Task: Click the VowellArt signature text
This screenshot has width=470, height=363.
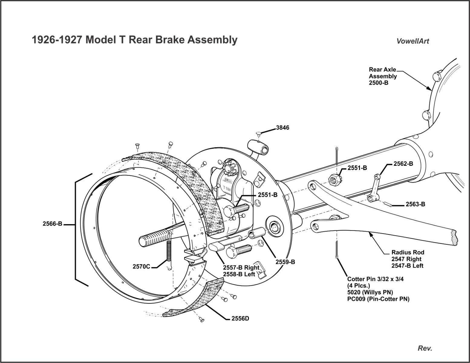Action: point(413,41)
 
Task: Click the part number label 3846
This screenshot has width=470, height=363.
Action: point(282,128)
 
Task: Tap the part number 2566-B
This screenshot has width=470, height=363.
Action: point(52,224)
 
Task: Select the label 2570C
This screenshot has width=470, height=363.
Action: point(141,267)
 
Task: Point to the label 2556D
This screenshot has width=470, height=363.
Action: point(240,319)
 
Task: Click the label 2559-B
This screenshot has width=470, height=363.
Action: point(285,262)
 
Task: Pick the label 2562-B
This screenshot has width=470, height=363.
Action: point(403,164)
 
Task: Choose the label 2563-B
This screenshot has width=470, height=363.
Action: point(415,204)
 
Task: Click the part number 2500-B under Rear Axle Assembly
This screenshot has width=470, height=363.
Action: point(378,83)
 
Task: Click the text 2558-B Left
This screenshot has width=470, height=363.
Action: point(239,274)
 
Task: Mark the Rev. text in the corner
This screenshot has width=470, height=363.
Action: point(425,348)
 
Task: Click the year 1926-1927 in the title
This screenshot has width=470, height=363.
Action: point(57,40)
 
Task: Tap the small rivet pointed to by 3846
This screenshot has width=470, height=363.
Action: point(258,133)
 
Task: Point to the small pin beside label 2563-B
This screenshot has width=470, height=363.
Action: point(389,205)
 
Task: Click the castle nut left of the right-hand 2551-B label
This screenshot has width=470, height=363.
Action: point(334,180)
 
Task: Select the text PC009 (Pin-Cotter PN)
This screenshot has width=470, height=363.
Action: point(378,299)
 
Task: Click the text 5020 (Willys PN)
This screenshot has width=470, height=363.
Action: point(370,293)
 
